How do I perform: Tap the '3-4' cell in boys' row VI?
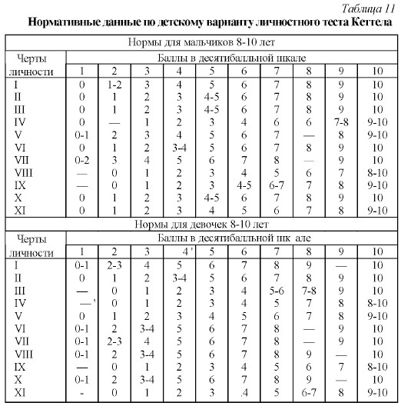(x=180, y=148)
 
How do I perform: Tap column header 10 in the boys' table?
(x=377, y=71)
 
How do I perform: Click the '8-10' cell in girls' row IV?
(x=377, y=304)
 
